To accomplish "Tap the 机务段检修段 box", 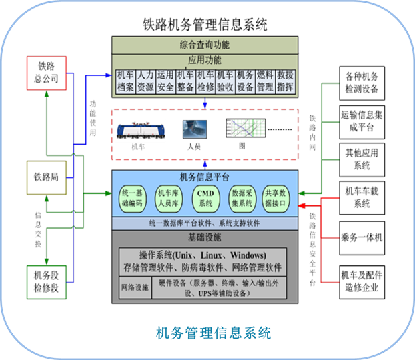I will [x=46, y=281].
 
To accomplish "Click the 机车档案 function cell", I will [x=125, y=80].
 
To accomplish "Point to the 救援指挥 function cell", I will [x=285, y=80].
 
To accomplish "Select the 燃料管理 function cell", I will [x=265, y=80].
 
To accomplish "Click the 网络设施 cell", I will [x=135, y=288].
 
